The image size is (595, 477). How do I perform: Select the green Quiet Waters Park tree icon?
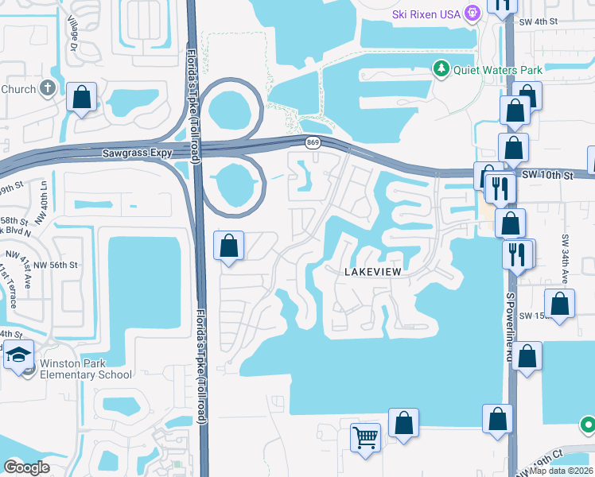click(441, 69)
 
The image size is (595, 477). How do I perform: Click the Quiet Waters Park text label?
click(497, 70)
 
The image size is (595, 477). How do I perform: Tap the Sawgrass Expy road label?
click(138, 152)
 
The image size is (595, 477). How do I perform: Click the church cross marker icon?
click(48, 87)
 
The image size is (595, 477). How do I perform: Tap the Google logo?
click(26, 467)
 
